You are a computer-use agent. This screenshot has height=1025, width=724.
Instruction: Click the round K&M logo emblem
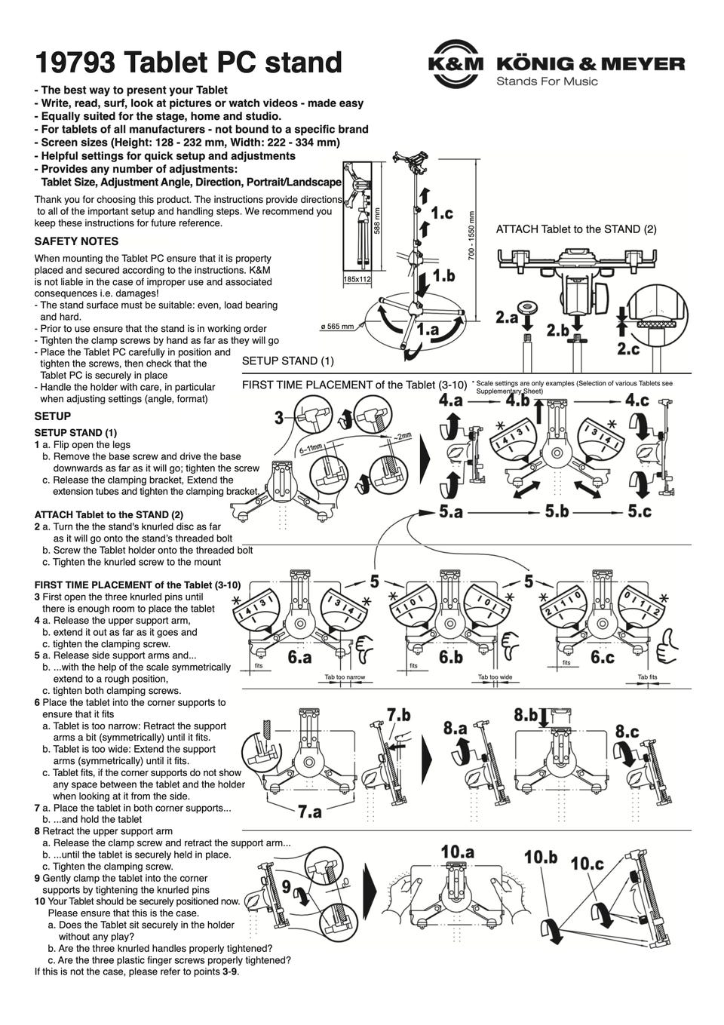point(456,63)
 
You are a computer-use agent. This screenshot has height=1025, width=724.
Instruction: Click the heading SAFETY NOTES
point(76,241)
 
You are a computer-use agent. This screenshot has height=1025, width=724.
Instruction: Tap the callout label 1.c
point(441,213)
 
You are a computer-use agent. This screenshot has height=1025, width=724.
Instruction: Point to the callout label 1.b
point(443,275)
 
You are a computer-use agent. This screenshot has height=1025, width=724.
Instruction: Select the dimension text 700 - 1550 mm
point(471,235)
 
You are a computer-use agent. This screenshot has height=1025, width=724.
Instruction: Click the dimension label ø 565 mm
point(337,327)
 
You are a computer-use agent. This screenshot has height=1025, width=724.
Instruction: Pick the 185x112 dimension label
point(357,278)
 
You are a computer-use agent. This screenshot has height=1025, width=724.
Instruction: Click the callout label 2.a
point(507,317)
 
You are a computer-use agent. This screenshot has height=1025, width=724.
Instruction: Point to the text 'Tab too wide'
point(495,677)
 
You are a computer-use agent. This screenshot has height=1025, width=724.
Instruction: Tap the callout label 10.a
point(457,852)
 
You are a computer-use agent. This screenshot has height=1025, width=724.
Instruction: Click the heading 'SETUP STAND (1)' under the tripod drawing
point(288,361)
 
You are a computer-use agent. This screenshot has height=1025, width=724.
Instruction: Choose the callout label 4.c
point(637,400)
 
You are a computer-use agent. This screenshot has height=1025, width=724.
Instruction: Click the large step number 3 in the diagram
point(279,417)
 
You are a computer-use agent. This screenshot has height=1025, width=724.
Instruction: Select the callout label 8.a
point(455,727)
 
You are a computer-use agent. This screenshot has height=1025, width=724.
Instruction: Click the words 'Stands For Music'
point(547,81)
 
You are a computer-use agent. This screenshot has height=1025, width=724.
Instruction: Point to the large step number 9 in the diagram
point(286,886)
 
